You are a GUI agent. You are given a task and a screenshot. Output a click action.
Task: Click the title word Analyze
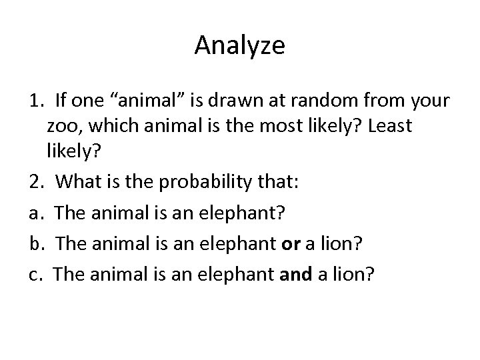point(240,46)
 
